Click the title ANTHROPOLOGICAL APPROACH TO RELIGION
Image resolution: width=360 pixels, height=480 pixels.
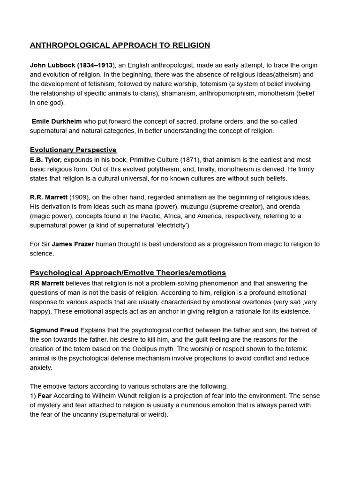click(x=120, y=45)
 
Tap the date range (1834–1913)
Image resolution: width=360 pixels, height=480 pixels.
click(x=95, y=65)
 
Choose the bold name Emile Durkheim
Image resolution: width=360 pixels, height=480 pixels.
click(x=57, y=121)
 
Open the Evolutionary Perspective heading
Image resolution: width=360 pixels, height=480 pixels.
click(x=73, y=150)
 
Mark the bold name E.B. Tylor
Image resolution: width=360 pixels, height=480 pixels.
click(x=45, y=160)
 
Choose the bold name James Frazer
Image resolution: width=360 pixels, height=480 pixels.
click(x=73, y=244)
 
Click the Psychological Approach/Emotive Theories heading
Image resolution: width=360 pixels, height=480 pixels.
click(x=128, y=273)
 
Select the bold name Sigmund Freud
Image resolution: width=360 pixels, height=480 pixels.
click(x=54, y=330)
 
